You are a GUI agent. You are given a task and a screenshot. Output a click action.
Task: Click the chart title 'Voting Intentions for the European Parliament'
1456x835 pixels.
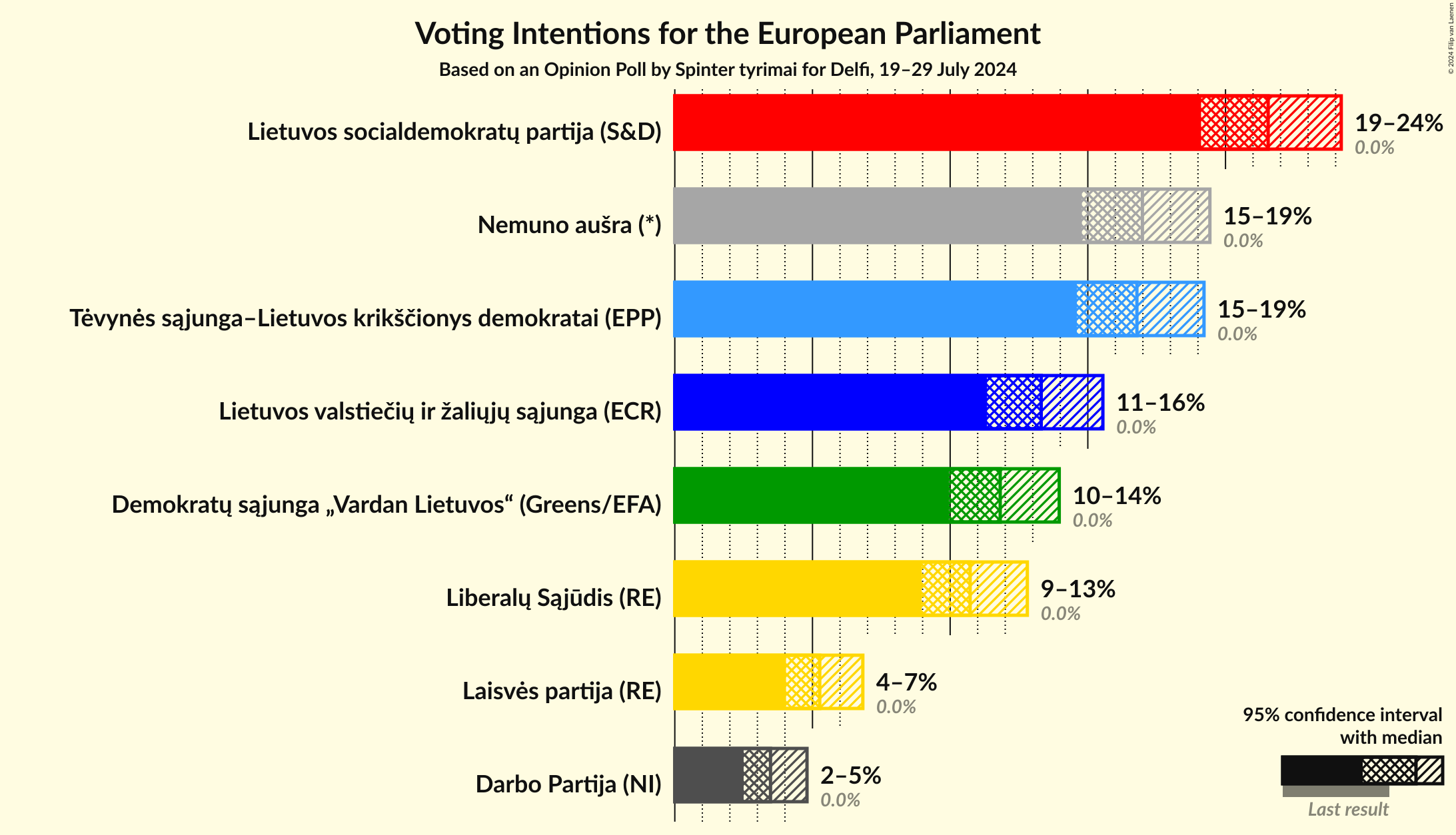[728, 33]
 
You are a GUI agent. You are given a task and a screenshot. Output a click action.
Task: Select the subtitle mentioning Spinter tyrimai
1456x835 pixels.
[728, 70]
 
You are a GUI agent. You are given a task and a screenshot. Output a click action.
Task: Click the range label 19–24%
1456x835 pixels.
[1399, 123]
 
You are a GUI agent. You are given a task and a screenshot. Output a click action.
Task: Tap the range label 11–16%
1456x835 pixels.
[1160, 403]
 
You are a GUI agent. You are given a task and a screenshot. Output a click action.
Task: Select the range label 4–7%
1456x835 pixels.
[906, 683]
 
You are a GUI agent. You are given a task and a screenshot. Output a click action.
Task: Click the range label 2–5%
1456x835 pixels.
[850, 776]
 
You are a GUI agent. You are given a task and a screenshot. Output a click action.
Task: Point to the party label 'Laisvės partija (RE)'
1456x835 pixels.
[562, 691]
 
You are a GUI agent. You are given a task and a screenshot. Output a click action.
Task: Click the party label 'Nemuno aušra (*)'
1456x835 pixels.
[569, 225]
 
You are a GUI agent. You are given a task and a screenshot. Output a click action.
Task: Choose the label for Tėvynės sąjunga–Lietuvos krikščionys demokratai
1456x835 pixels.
[365, 318]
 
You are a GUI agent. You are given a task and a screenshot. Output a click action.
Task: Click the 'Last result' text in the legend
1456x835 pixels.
[1348, 810]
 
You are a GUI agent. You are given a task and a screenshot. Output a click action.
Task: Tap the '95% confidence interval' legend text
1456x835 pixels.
[1342, 715]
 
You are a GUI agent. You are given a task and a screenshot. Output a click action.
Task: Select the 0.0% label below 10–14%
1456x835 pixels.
[1092, 521]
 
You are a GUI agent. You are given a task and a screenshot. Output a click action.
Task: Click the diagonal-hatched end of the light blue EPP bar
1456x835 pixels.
[1171, 309]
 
